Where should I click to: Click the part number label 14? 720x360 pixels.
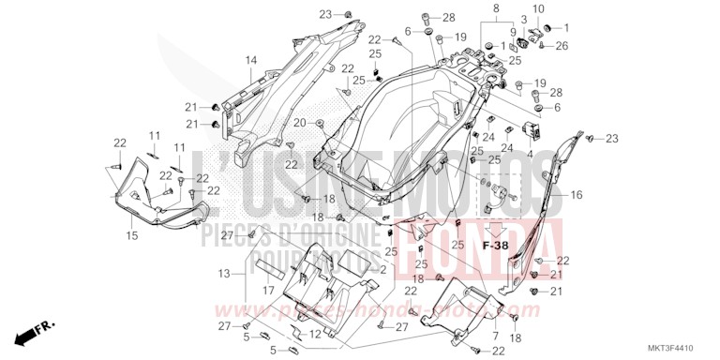pos(250,62)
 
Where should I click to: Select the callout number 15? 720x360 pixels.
pos(132,234)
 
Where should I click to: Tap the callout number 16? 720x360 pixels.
pos(577,195)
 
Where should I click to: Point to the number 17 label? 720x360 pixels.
pos(267,290)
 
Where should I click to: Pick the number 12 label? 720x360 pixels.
pos(316,335)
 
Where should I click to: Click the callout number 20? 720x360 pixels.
pos(299,123)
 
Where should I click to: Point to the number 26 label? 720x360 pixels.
pos(562,45)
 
